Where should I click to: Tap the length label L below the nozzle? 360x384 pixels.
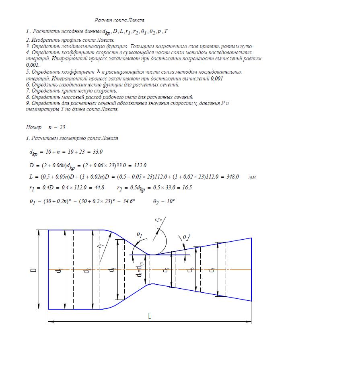(149, 316)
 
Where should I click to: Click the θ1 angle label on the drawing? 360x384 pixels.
(139, 235)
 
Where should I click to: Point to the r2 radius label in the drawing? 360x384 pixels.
(158, 220)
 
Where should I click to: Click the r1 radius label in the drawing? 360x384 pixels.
(101, 245)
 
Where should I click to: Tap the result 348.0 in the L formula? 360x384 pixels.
(232, 177)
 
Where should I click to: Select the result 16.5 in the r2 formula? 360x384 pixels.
(187, 188)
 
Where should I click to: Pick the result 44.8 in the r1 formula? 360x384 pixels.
(98, 188)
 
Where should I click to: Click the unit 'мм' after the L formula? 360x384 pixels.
(252, 177)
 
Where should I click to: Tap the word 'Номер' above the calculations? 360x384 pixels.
(33, 127)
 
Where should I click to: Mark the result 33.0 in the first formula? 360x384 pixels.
(98, 152)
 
